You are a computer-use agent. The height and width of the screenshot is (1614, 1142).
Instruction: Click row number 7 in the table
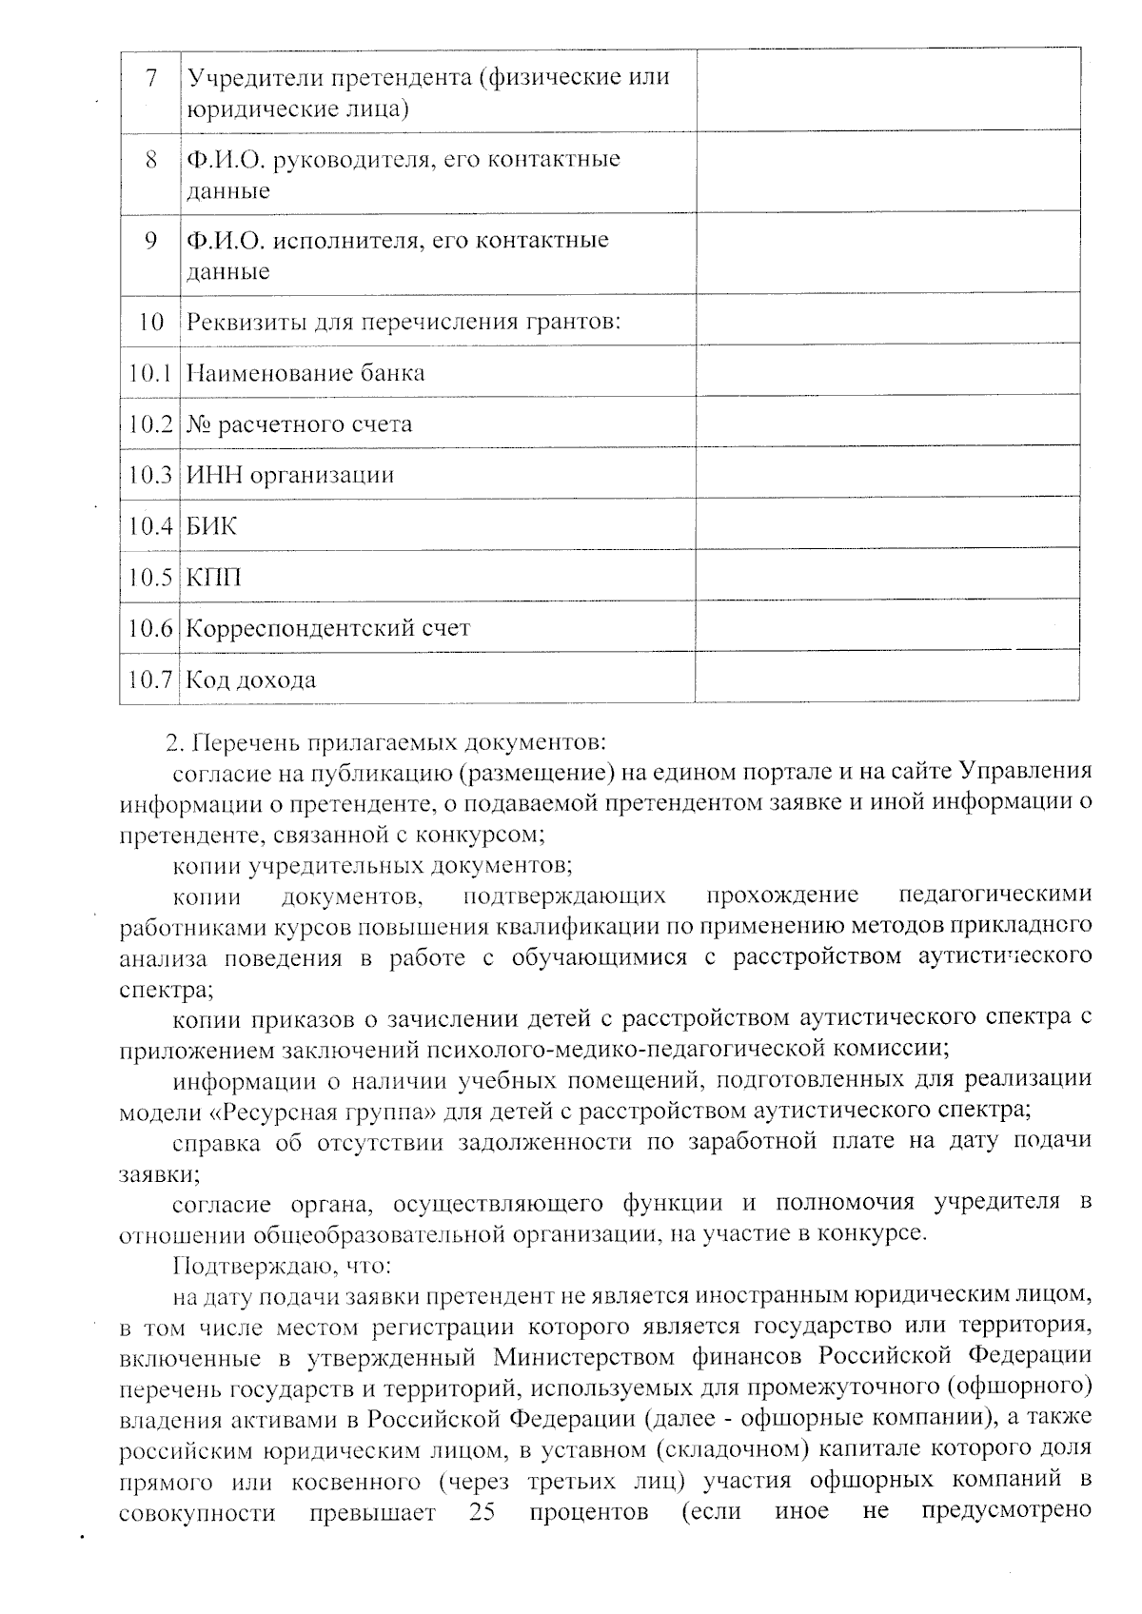150,77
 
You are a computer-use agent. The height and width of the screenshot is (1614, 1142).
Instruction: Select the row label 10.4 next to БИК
150,526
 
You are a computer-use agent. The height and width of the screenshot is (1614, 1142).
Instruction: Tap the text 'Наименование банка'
305,373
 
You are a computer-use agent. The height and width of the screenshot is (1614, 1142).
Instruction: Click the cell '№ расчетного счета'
299,424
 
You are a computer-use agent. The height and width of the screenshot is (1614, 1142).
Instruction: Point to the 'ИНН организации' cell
289,475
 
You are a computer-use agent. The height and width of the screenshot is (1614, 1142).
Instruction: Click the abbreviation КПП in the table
213,578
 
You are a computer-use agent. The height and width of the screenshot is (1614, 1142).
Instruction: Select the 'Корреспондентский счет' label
328,629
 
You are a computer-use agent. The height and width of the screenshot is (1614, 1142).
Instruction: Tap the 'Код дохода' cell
251,680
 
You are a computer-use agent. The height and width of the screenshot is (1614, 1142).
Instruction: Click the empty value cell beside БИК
887,522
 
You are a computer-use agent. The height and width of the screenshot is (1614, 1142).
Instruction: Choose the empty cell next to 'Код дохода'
887,677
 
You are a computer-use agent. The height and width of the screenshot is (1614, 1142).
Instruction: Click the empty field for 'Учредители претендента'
887,89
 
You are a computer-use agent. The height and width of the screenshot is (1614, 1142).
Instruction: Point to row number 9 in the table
150,240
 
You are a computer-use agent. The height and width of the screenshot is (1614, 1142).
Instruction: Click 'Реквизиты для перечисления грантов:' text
404,322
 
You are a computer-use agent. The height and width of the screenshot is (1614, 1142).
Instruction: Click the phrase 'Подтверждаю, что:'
282,1267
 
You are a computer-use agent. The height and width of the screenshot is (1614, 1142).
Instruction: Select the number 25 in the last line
482,1512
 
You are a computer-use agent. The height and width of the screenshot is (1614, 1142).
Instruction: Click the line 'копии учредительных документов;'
372,866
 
